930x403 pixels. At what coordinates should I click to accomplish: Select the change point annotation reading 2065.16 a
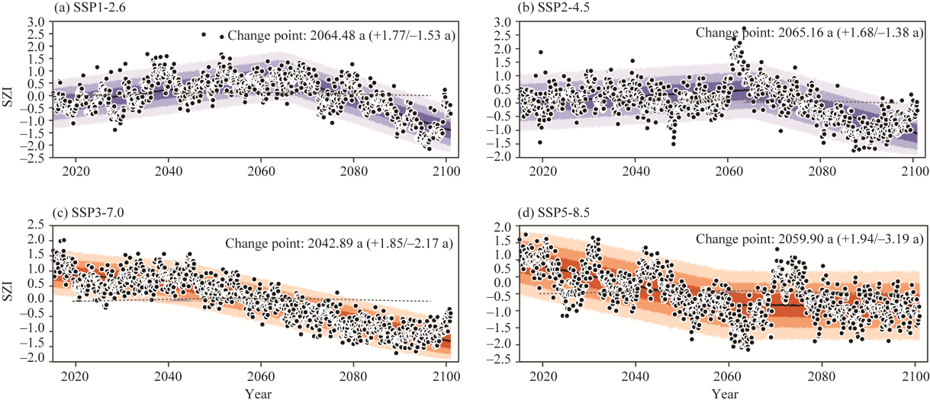point(806,34)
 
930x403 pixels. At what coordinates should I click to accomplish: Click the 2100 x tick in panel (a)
point(446,171)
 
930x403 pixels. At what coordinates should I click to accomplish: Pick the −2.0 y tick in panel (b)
point(499,157)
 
